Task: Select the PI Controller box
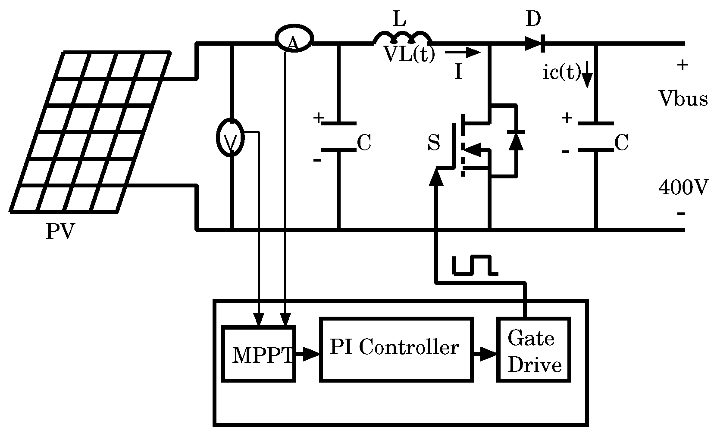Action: pyautogui.click(x=396, y=349)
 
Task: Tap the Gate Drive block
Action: pyautogui.click(x=534, y=350)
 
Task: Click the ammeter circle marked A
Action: pyautogui.click(x=294, y=39)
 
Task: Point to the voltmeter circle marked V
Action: pyautogui.click(x=230, y=138)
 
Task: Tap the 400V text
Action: pyautogui.click(x=683, y=188)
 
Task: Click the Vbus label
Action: pyautogui.click(x=683, y=99)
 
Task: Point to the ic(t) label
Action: pyautogui.click(x=561, y=73)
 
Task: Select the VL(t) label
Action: pyautogui.click(x=409, y=55)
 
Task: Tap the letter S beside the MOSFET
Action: pyautogui.click(x=434, y=143)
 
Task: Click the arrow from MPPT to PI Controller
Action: pyautogui.click(x=307, y=354)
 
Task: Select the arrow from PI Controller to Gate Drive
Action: pyautogui.click(x=485, y=354)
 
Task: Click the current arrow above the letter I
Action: pyautogui.click(x=462, y=53)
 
